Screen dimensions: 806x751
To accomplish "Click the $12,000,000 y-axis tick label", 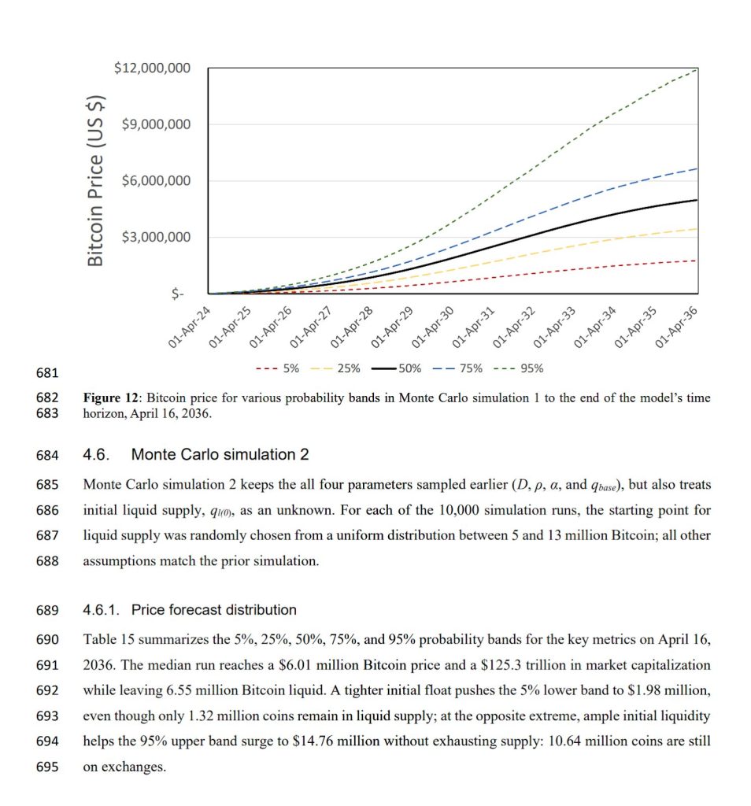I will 152,68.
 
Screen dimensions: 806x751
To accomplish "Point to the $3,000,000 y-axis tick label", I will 156,237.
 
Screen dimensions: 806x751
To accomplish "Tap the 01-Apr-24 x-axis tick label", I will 190,328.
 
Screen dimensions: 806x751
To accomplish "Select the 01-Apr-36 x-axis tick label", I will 676,328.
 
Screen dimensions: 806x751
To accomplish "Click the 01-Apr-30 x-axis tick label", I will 433,328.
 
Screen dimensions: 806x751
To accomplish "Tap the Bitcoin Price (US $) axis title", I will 95,180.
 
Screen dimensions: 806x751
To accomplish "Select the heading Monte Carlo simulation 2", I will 220,455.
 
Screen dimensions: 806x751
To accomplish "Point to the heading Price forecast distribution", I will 214,609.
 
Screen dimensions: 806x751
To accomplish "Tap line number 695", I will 48,767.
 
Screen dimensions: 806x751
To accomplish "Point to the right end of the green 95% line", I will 697,69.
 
